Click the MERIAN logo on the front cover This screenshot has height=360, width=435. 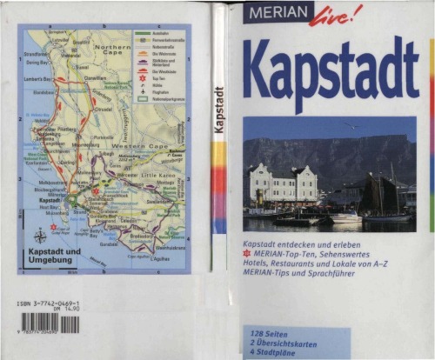point(276,14)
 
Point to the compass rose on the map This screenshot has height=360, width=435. point(41,236)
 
